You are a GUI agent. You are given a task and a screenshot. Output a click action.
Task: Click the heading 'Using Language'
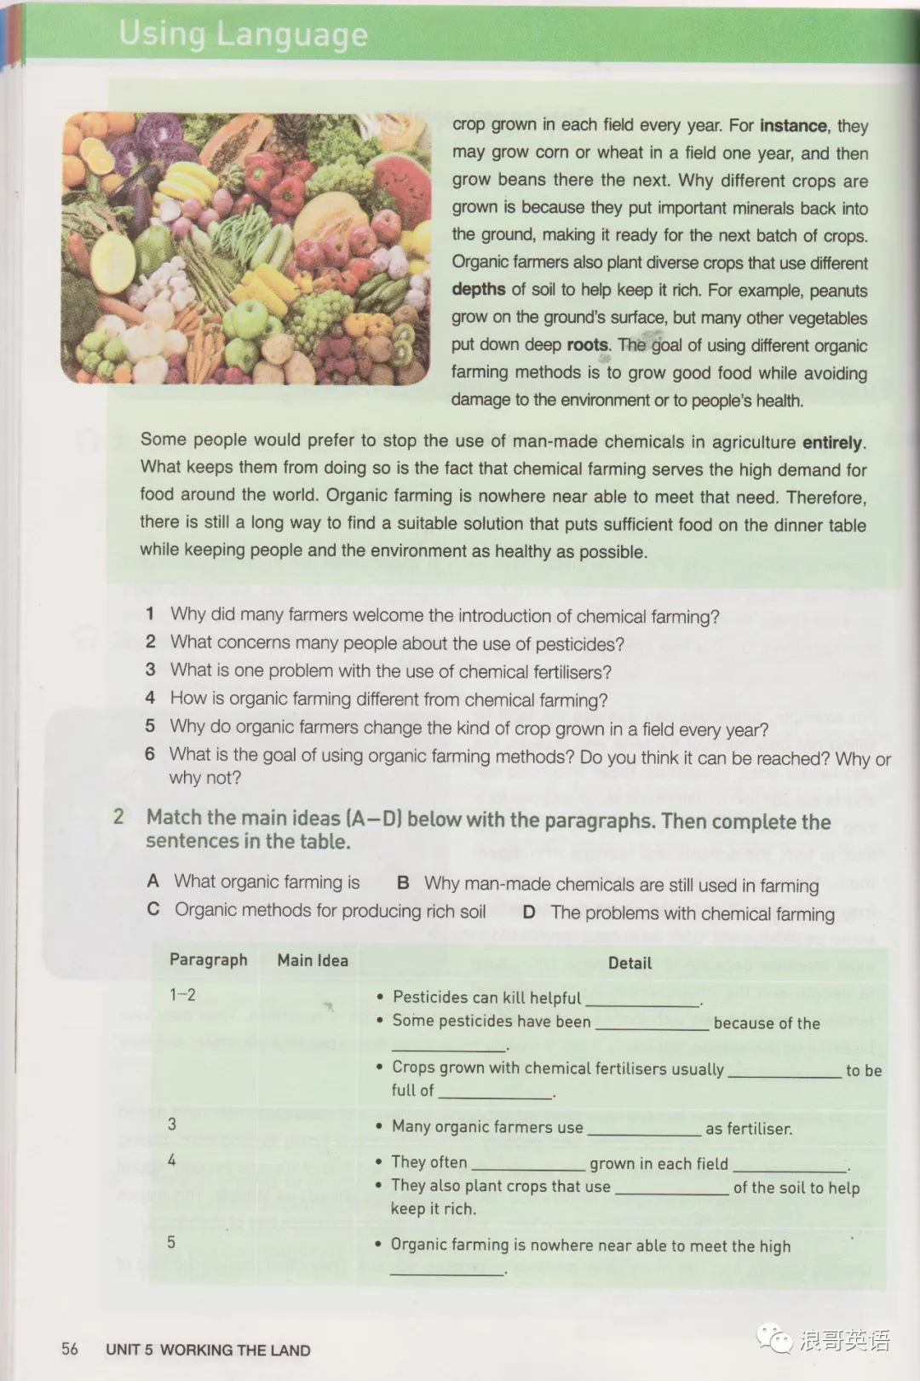coord(243,34)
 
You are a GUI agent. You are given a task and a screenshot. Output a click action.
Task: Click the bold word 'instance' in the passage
coord(792,126)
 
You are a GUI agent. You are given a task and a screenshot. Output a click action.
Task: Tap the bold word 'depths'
coord(479,290)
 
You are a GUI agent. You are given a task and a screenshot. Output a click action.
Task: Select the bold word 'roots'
coord(588,345)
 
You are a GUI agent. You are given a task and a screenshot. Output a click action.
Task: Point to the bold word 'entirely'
coord(832,442)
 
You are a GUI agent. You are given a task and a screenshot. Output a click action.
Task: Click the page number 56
coord(70,1349)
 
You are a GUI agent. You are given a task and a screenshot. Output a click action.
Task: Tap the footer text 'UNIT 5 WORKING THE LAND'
coord(208,1349)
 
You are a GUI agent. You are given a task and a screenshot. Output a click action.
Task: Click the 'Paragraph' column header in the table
coord(208,959)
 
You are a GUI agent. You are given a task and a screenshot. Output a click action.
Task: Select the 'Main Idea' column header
coord(313,960)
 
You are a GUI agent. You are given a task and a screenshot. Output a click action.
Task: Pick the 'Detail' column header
coord(630,963)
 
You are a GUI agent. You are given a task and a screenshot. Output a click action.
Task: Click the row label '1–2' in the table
coord(182,994)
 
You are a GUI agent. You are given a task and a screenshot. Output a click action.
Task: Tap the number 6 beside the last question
coord(150,754)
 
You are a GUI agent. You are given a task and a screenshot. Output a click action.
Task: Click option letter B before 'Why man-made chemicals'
coord(404,883)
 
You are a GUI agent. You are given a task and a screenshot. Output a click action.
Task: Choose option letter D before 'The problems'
coord(529,912)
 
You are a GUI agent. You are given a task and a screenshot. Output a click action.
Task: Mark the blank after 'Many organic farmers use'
coord(644,1131)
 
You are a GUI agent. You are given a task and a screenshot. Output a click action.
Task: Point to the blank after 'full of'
coord(495,1094)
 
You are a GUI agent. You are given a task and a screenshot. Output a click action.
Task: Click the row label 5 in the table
coord(171,1242)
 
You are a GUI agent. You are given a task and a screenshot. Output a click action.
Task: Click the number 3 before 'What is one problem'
coord(150,670)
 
